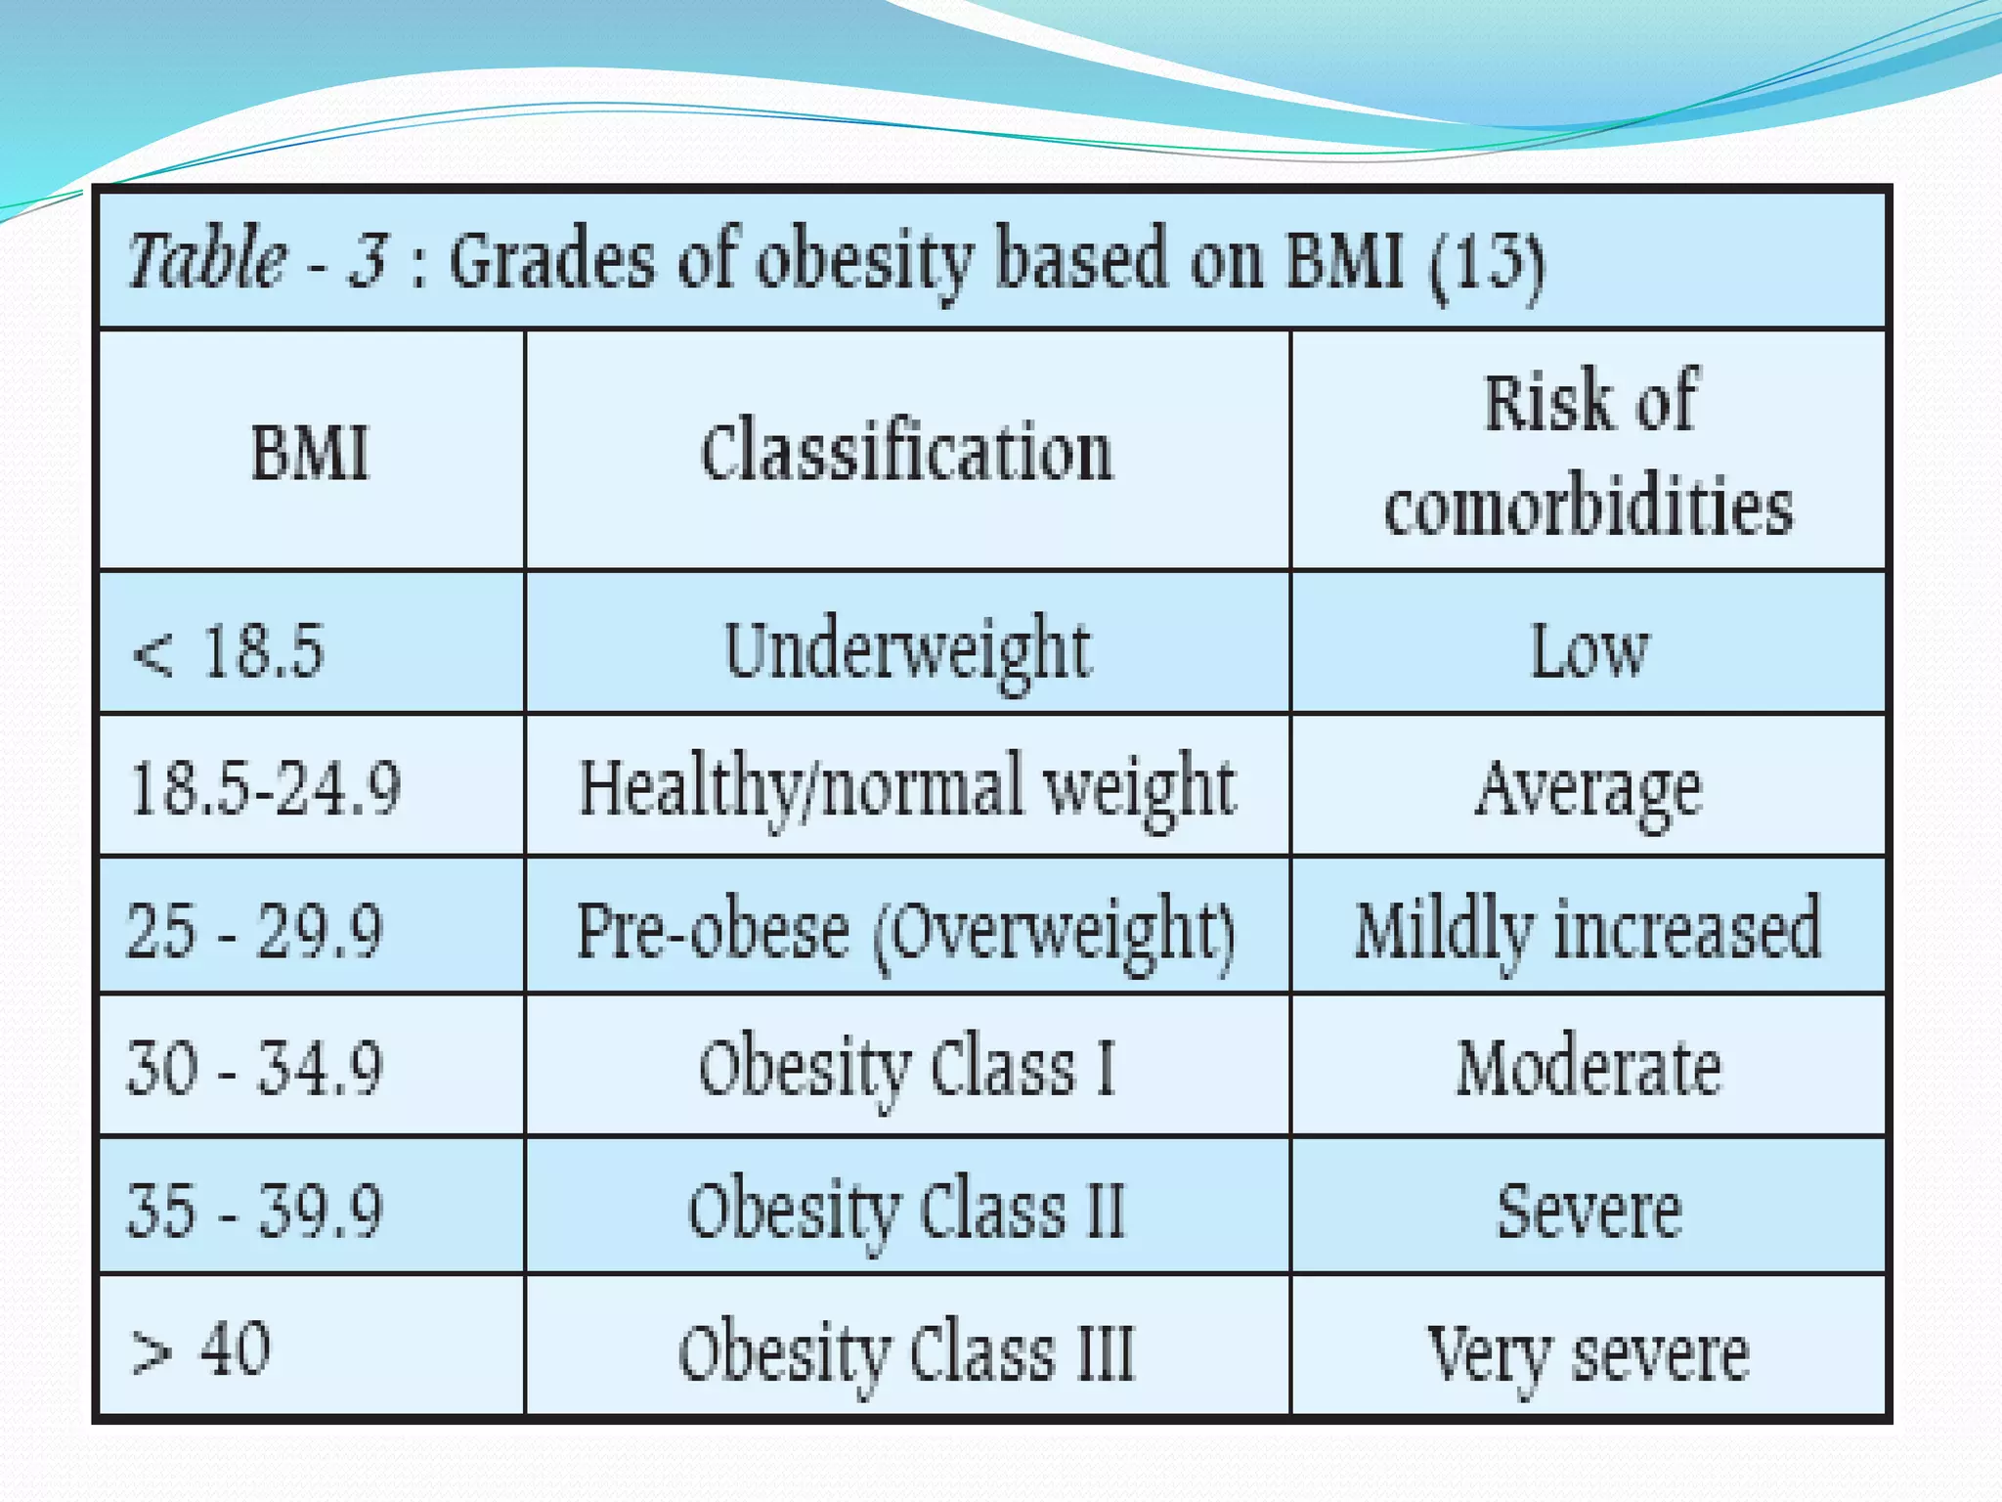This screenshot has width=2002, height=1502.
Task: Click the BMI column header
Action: coord(310,453)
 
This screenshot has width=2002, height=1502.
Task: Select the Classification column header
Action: coord(906,453)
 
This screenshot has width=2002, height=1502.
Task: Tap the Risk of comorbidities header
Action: coord(1589,453)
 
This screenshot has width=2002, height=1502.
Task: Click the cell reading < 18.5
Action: coord(228,650)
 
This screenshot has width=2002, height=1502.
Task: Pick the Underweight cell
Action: coord(906,650)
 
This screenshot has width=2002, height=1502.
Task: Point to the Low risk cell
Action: coord(1589,650)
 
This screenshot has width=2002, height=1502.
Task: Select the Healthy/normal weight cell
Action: coord(906,788)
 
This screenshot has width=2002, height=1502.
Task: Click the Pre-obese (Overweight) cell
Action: coord(906,930)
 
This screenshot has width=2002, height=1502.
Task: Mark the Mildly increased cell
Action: coord(1589,930)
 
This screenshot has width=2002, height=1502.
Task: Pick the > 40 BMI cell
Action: coord(201,1349)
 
